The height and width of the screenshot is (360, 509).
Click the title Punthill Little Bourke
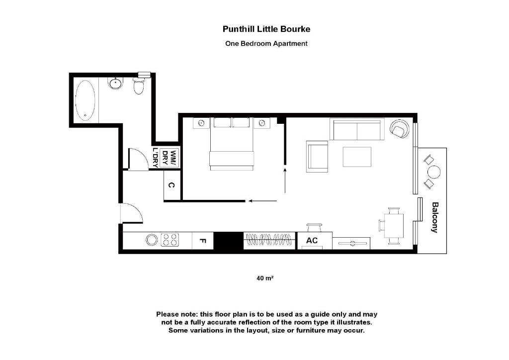[x=266, y=29]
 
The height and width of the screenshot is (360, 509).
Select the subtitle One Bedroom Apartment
[x=266, y=43]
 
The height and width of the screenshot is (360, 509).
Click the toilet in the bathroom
[x=139, y=87]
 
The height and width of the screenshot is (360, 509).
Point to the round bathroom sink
[x=115, y=84]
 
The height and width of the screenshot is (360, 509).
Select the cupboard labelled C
[x=171, y=185]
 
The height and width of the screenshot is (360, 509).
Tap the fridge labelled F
[x=202, y=241]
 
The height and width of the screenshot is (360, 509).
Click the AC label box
[x=312, y=241]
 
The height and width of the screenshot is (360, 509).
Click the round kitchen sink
[x=152, y=240]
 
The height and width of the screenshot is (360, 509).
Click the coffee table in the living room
[x=356, y=157]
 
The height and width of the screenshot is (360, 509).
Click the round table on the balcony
[x=434, y=172]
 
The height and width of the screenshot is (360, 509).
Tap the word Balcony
[x=434, y=217]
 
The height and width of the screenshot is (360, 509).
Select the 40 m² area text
[x=265, y=278]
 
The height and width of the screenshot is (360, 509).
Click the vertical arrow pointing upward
[x=285, y=180]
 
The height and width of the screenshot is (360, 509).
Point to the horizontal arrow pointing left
[x=263, y=201]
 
